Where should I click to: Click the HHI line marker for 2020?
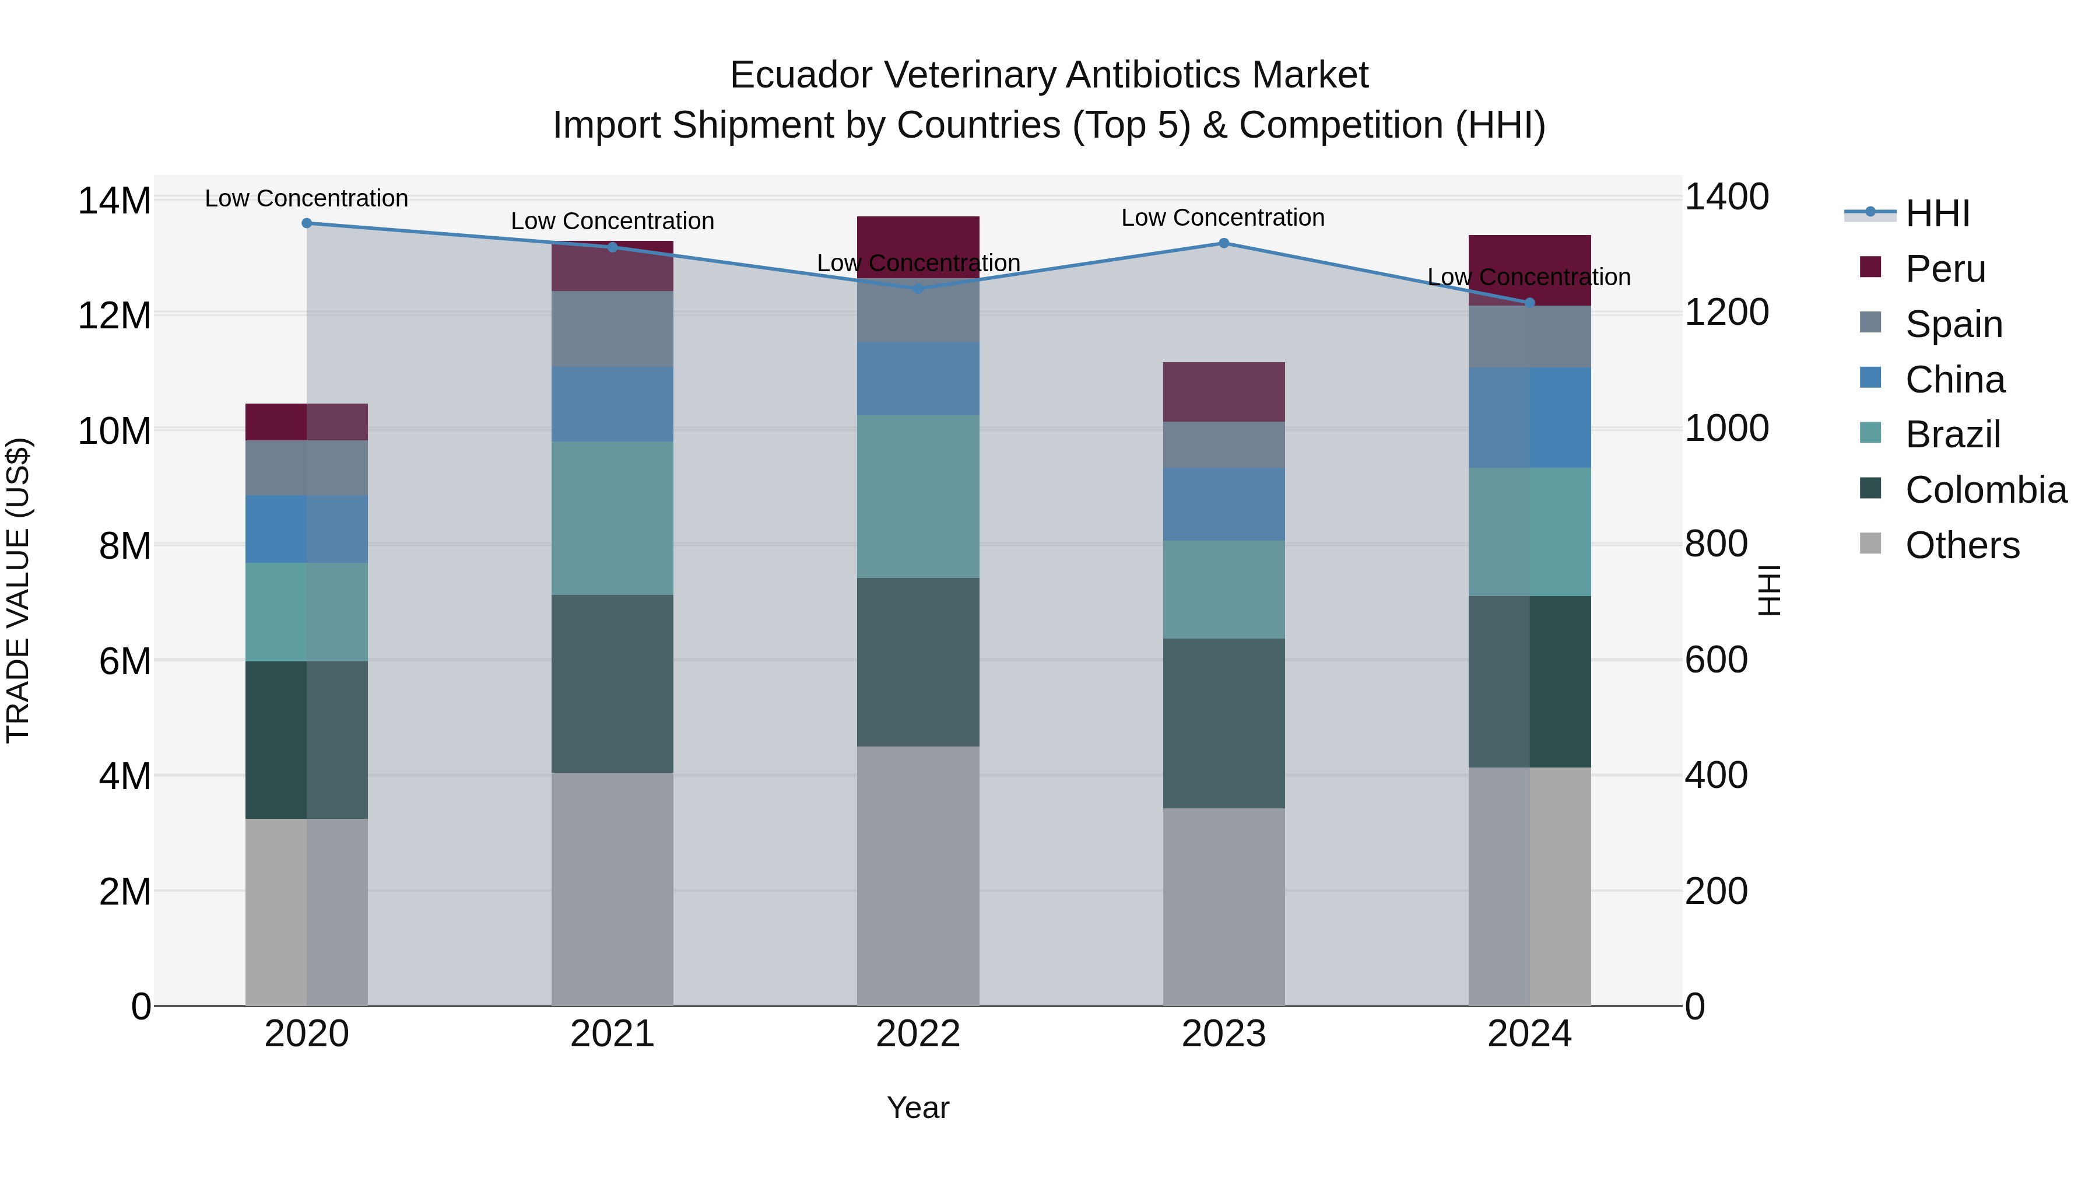tap(306, 223)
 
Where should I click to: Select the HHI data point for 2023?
tap(1223, 243)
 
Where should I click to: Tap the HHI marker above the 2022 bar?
tap(918, 289)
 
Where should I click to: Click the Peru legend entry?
tap(1945, 269)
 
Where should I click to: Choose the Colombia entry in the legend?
tap(1985, 490)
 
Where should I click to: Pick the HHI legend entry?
tap(1937, 213)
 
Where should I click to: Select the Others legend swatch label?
tap(1962, 545)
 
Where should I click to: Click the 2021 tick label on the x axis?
tap(612, 1034)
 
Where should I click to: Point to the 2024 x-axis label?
tap(1529, 1034)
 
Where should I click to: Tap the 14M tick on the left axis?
tap(114, 201)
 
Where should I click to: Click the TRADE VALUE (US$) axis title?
tap(18, 590)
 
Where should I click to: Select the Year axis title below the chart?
tap(918, 1108)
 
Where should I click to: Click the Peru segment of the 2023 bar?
tap(1223, 391)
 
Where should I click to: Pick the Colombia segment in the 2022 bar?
tap(918, 662)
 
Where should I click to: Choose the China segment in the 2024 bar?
tap(1529, 418)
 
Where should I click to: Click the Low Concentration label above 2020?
tap(306, 198)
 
